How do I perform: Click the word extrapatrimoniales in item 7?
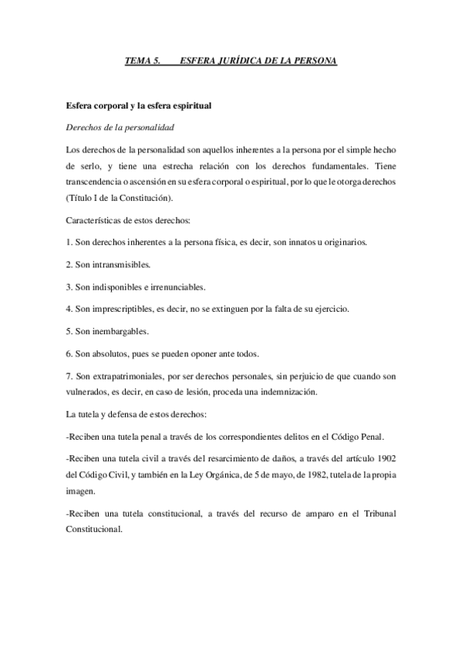pyautogui.click(x=136, y=376)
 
